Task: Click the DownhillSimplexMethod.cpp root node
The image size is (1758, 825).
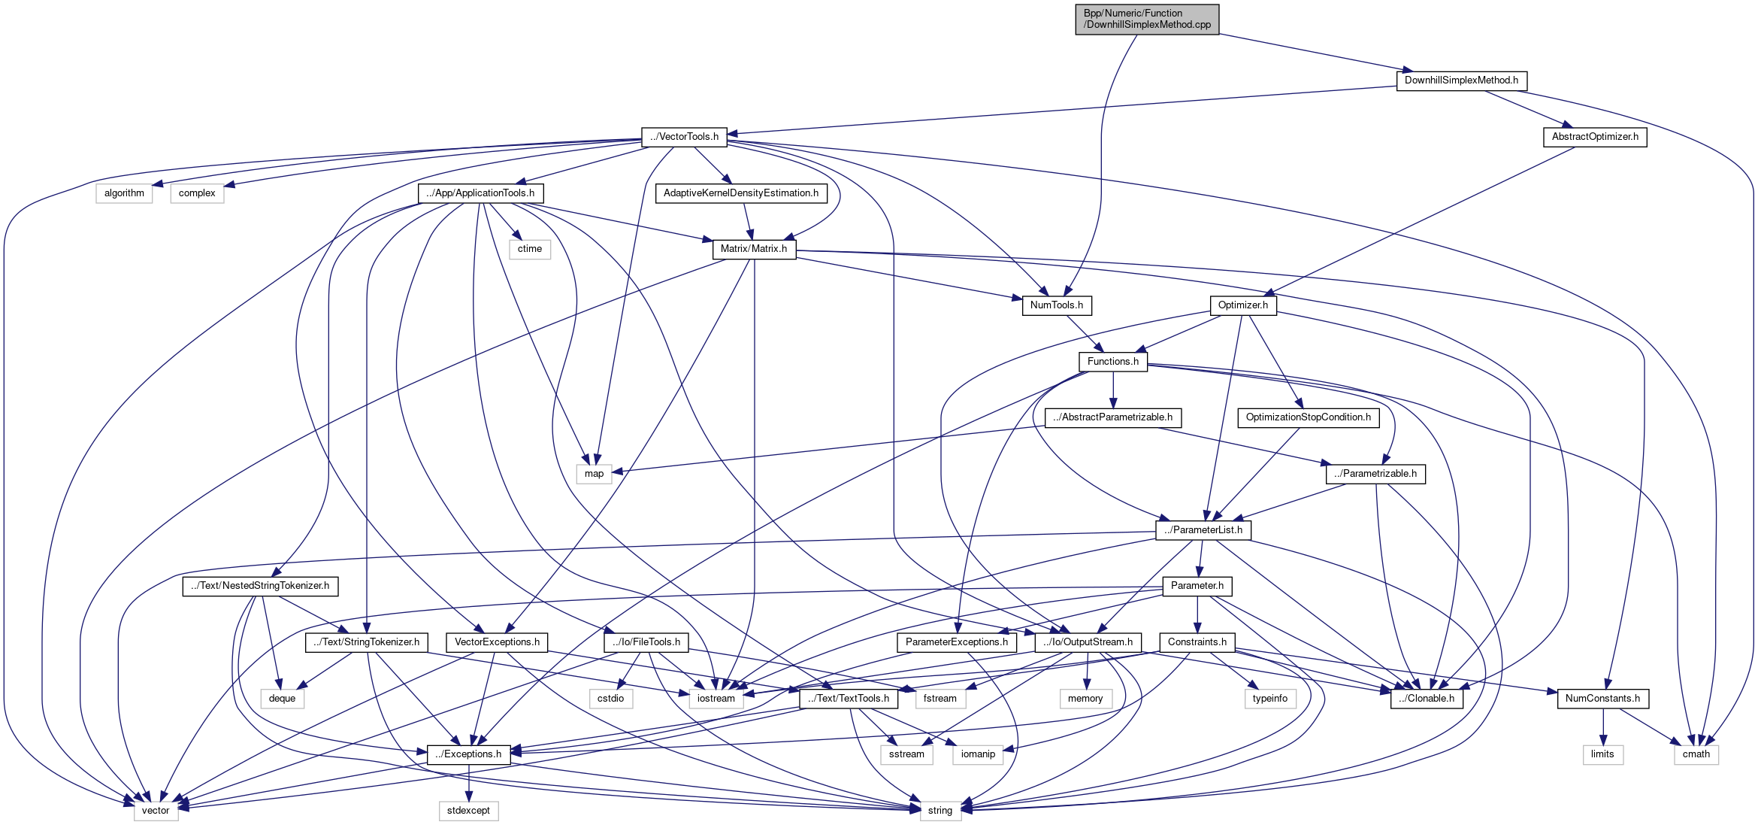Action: (x=1147, y=19)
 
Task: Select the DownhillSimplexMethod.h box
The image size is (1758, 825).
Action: (x=1461, y=80)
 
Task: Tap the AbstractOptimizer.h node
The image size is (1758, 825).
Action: (x=1595, y=137)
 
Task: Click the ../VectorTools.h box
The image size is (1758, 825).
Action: (x=684, y=137)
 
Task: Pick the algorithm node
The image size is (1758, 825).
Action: (x=124, y=193)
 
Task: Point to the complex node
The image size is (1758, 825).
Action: (x=197, y=193)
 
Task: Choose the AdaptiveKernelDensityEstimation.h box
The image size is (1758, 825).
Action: (x=741, y=193)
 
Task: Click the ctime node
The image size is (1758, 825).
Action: (x=530, y=249)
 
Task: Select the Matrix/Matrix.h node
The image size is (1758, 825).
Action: (x=754, y=249)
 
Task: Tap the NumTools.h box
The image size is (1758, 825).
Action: (x=1057, y=305)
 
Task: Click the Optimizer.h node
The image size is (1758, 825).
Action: (x=1243, y=305)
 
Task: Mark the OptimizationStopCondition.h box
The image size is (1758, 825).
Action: (x=1308, y=417)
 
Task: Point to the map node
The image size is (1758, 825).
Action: (x=594, y=474)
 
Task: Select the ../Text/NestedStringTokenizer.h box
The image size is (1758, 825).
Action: (x=260, y=586)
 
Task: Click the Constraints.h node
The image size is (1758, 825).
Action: (x=1197, y=642)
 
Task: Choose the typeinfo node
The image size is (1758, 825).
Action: (x=1270, y=699)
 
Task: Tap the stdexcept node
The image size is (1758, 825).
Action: (x=468, y=811)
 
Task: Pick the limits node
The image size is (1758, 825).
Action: (x=1602, y=754)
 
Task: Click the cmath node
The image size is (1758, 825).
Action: (x=1696, y=754)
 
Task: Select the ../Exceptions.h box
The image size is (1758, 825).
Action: (x=468, y=754)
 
